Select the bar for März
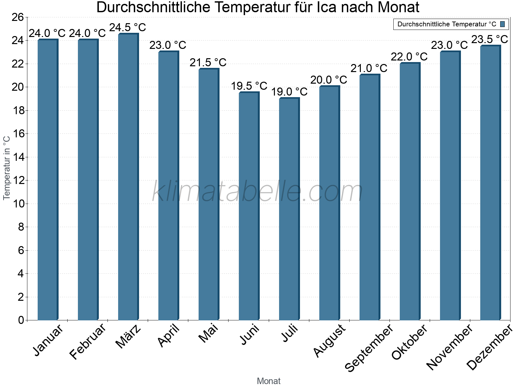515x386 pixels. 128,177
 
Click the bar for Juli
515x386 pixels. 289,209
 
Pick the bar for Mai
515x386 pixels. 209,194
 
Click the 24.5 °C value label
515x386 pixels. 127,27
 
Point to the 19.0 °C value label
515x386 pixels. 289,92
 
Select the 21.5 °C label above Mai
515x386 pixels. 208,62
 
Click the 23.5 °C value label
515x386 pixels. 489,39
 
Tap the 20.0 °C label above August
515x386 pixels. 329,80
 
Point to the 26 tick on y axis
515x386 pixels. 18,17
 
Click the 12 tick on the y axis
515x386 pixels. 18,180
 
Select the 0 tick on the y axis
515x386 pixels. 21,320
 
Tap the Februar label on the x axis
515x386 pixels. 88,342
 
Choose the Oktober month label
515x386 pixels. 409,342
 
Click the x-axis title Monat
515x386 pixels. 268,381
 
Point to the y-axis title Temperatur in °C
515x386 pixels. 7,168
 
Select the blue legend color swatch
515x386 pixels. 502,24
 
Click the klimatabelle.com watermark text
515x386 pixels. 257,192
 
